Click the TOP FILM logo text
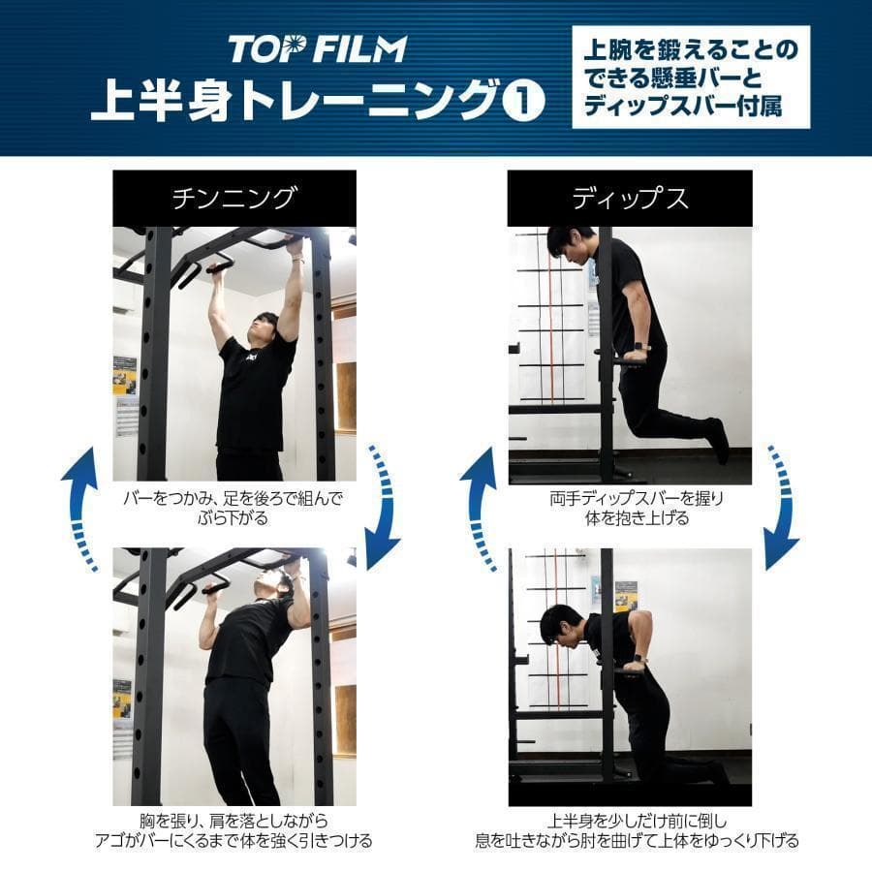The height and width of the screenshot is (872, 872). click(x=317, y=48)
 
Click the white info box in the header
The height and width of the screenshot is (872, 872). click(x=690, y=78)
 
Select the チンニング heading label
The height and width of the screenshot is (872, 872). click(x=234, y=199)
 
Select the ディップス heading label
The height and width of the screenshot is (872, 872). click(x=630, y=199)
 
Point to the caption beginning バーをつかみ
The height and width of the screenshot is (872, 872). click(x=234, y=509)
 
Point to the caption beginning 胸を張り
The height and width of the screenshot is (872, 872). click(x=234, y=830)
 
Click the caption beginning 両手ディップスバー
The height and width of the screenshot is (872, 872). click(x=630, y=509)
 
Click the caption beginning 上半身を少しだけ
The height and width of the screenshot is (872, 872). click(x=630, y=830)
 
